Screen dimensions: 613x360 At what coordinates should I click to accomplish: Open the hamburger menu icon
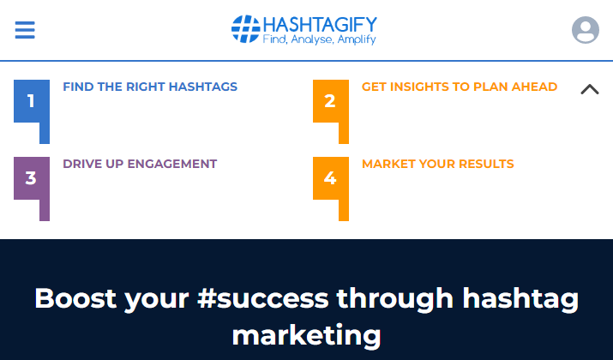pyautogui.click(x=25, y=30)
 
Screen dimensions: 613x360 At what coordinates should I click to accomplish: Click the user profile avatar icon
pyautogui.click(x=586, y=30)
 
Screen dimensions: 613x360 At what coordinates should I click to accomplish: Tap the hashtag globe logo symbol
pyautogui.click(x=245, y=29)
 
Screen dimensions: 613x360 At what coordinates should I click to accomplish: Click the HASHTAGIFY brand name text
pyautogui.click(x=320, y=26)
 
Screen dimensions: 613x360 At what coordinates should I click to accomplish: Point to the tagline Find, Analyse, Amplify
pyautogui.click(x=320, y=39)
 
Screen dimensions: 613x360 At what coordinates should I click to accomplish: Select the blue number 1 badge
pyautogui.click(x=32, y=111)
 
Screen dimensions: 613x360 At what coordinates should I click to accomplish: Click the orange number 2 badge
pyautogui.click(x=331, y=111)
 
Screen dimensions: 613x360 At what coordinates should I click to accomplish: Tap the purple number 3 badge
pyautogui.click(x=32, y=189)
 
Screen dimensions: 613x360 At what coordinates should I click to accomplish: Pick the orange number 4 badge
pyautogui.click(x=331, y=189)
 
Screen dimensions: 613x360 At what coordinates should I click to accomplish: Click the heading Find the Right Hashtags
pyautogui.click(x=150, y=87)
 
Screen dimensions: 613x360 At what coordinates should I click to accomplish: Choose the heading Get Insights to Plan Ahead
pyautogui.click(x=460, y=87)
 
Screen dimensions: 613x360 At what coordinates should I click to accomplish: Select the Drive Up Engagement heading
pyautogui.click(x=140, y=164)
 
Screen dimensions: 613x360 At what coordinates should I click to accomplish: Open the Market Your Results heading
pyautogui.click(x=438, y=164)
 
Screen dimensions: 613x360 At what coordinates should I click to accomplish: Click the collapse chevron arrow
pyautogui.click(x=590, y=89)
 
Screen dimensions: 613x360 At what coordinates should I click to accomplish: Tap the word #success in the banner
pyautogui.click(x=262, y=298)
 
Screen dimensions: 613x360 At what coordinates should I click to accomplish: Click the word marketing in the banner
pyautogui.click(x=307, y=336)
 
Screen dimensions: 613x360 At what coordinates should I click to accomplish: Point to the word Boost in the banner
pyautogui.click(x=75, y=298)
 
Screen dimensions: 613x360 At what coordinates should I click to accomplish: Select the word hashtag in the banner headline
pyautogui.click(x=520, y=300)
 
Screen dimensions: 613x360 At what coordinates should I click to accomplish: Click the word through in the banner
pyautogui.click(x=395, y=300)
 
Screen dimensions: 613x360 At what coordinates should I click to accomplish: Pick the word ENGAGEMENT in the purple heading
pyautogui.click(x=172, y=164)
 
